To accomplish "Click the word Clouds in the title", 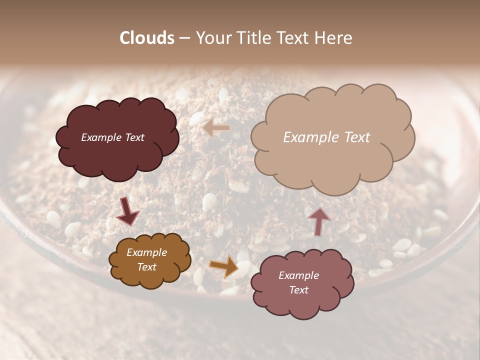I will coord(147,38).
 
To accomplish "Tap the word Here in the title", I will coord(335,38).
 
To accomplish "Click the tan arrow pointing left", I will coord(216,128).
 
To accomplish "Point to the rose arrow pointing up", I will coord(319,221).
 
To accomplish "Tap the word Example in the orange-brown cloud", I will coord(146,253).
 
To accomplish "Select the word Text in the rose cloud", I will coord(298,290).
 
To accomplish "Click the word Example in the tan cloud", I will coord(308,137).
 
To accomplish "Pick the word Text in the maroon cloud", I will coord(134,137).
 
